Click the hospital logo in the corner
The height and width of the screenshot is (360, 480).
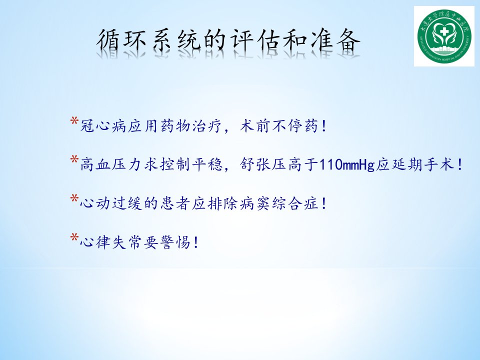click(444, 36)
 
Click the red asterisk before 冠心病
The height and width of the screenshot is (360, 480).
click(74, 120)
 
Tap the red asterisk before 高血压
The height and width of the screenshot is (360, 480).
click(74, 159)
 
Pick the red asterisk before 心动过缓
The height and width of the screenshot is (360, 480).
click(74, 198)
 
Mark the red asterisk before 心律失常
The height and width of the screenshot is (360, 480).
click(74, 237)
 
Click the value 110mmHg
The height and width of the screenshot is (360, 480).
click(347, 165)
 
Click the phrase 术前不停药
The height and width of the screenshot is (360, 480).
click(279, 126)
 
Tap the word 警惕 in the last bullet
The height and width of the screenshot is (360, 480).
click(175, 242)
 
